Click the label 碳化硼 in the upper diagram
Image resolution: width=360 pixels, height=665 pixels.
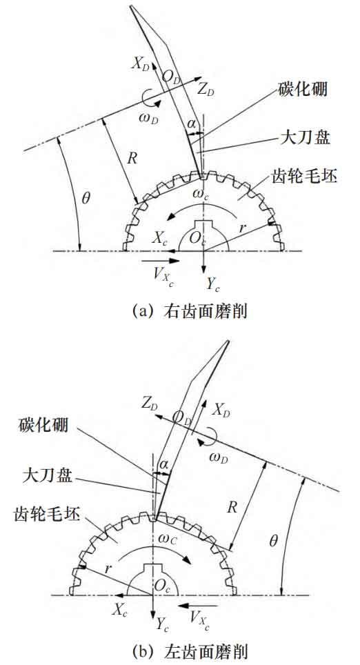pos(303,90)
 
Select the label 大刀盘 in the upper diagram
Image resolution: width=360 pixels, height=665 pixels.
pos(306,138)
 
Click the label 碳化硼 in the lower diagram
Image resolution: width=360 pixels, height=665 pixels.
pos(43,424)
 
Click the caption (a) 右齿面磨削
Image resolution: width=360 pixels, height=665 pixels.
pos(190,312)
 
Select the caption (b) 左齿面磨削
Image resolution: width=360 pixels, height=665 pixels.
pos(190,651)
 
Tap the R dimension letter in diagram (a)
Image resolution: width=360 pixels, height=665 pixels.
pos(132,159)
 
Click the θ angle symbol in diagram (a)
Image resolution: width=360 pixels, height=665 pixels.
pos(86,199)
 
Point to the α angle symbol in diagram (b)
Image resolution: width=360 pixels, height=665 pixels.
pos(163,464)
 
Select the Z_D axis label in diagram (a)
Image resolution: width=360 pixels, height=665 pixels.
pos(208,90)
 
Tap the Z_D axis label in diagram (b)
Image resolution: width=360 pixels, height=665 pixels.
pos(150,406)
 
